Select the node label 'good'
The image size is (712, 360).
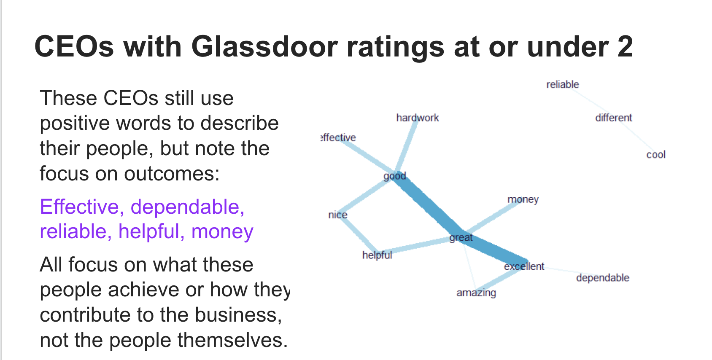(x=395, y=176)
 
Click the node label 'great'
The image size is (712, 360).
(x=461, y=238)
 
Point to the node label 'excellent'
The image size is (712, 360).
(x=524, y=266)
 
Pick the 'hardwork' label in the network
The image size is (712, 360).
(x=417, y=118)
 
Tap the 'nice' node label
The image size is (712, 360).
(x=337, y=215)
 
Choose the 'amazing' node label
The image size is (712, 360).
(x=476, y=293)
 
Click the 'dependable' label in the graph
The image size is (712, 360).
(x=603, y=278)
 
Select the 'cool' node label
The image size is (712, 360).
(x=656, y=155)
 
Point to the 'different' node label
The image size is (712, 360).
(x=613, y=118)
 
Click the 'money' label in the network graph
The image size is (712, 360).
(x=523, y=199)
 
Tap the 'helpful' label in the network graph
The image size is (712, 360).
(x=377, y=255)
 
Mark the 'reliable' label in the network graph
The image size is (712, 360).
(x=563, y=84)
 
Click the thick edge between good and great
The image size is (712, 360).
(x=428, y=207)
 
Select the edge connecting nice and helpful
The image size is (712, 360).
(x=358, y=235)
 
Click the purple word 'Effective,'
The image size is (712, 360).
(x=82, y=207)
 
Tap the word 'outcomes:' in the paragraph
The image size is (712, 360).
(x=172, y=174)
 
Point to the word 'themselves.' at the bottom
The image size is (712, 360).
(x=232, y=340)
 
